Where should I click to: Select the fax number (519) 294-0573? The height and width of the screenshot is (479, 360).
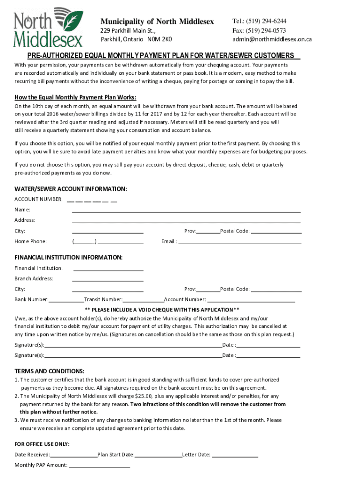point(266,30)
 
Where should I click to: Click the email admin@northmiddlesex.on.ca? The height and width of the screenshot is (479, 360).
point(272,39)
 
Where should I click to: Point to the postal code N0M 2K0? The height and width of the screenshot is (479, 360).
point(160,39)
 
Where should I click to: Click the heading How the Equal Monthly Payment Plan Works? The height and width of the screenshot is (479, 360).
point(75,97)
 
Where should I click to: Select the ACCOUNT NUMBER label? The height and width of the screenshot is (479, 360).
point(38,200)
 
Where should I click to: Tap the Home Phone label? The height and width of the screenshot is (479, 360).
point(30,241)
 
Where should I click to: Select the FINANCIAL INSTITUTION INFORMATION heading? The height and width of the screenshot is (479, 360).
point(68,257)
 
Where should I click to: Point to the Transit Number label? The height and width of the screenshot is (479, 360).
point(103,299)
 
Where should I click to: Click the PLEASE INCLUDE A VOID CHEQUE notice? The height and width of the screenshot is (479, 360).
point(162,310)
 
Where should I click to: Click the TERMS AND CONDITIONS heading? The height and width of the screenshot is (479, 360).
point(50,371)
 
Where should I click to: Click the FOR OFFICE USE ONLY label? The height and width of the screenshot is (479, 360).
point(42,444)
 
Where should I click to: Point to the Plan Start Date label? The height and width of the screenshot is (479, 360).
point(116,455)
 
